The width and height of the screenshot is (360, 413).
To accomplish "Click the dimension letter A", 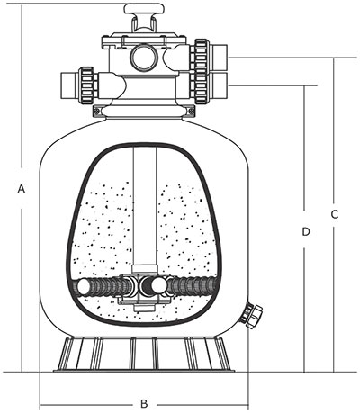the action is [21, 189].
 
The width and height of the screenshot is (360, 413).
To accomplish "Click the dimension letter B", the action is [144, 404].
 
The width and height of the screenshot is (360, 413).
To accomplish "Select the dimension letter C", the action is [335, 214].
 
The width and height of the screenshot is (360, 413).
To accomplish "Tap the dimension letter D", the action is [305, 231].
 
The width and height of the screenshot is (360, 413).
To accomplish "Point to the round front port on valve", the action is [143, 58].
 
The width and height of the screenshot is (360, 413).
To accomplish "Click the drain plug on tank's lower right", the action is [253, 317].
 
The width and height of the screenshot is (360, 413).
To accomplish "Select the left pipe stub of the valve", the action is [69, 85].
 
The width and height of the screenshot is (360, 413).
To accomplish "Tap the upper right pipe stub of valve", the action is [220, 57].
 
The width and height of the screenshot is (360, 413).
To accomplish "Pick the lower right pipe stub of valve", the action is [220, 85].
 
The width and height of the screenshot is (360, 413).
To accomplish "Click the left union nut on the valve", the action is [87, 85].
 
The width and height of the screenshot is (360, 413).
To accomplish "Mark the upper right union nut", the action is [202, 57].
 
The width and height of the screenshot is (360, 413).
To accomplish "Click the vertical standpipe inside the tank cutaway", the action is [145, 207].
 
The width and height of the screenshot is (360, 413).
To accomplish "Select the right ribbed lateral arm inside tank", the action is [192, 286].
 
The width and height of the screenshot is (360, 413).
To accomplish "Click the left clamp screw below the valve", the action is [97, 111].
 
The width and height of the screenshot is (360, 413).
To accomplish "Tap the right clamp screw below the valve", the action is [191, 111].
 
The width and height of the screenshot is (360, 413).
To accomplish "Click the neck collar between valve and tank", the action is [144, 112].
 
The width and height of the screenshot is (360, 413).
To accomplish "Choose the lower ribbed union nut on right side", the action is [202, 87].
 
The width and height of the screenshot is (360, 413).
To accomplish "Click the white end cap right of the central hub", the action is [158, 285].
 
